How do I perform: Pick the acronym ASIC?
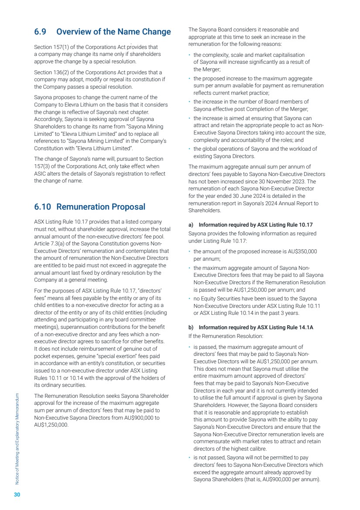coord(41,174)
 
